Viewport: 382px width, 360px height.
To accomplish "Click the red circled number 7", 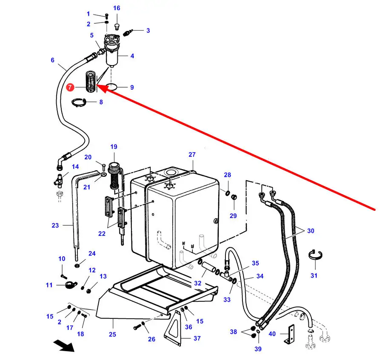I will coord(70,88).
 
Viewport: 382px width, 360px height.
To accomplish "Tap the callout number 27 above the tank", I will coord(192,155).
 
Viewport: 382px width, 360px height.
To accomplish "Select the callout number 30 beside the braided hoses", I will coord(311,231).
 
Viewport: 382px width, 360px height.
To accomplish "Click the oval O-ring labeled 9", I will coord(111,87).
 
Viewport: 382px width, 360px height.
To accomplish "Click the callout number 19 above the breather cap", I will coord(114,147).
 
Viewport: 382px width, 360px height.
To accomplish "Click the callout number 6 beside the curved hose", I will coord(52,60).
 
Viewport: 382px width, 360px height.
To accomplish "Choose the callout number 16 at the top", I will coord(117,8).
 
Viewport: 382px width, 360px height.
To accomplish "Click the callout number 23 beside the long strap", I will coord(55,225).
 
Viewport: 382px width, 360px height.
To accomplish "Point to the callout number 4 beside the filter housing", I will coord(132,56).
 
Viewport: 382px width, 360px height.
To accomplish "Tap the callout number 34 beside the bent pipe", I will coord(259,276).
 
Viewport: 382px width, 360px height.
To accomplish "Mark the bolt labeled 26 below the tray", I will coord(137,328).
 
